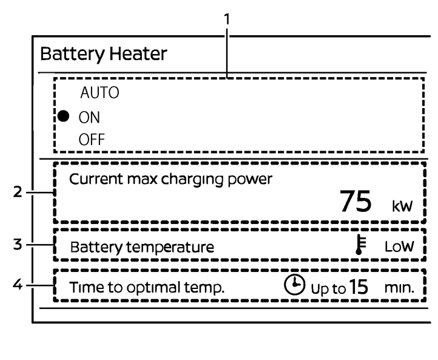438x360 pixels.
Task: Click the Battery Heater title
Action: pos(103,54)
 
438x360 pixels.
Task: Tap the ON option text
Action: pos(90,117)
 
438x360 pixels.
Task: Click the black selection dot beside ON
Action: pos(63,116)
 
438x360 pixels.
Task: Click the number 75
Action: pos(355,202)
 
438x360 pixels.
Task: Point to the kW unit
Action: pos(402,206)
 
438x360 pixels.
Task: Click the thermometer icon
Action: pos(360,246)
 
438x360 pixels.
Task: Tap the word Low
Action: pos(399,246)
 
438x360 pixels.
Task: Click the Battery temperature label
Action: pos(142,247)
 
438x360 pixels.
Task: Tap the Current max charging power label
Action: pos(172,179)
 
